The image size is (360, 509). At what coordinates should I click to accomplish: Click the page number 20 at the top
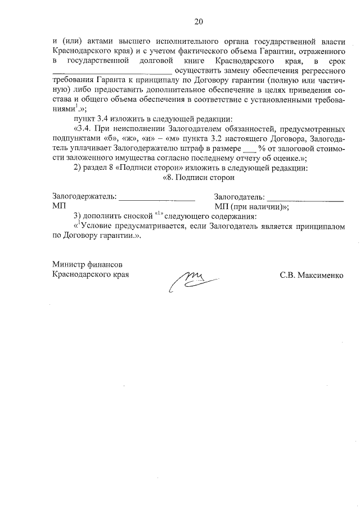coord(198,22)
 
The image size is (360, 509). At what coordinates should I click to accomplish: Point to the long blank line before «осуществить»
coord(112,71)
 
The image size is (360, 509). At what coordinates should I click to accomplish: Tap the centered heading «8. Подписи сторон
coord(197,177)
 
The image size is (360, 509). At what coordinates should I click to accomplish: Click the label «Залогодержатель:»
coord(84,197)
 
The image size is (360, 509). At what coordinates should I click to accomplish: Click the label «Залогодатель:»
coord(239,197)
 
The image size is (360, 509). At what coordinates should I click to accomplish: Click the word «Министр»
coord(68,265)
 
